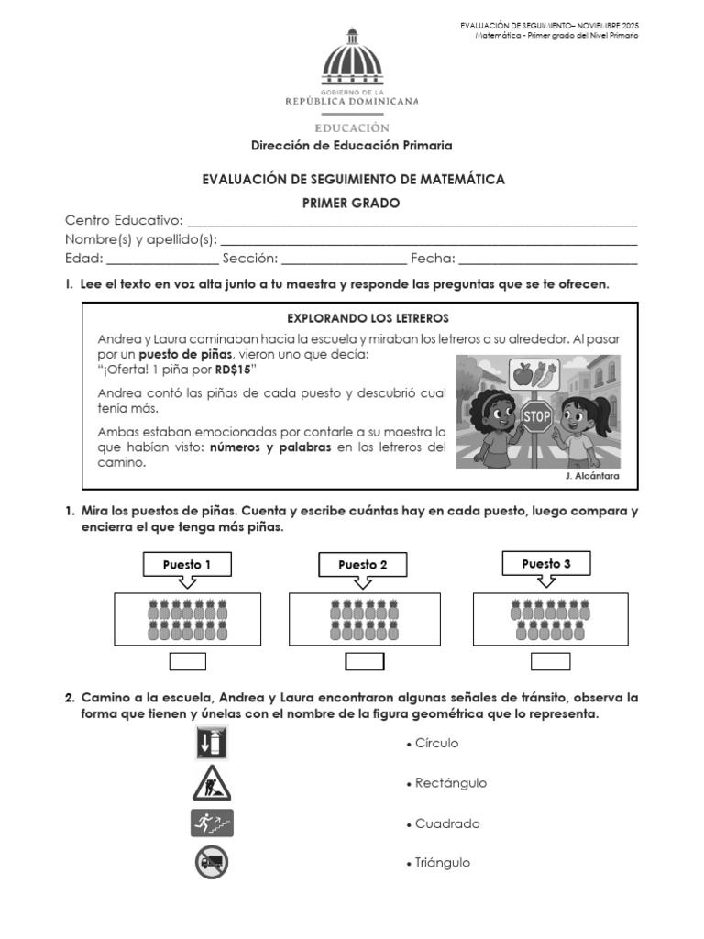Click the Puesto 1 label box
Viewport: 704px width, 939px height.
coord(187,565)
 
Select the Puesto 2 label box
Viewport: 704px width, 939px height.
coord(363,565)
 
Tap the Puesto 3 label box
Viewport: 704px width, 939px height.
coord(546,563)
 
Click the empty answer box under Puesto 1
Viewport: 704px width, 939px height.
coord(188,662)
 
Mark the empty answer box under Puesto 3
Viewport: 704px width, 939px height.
coord(550,662)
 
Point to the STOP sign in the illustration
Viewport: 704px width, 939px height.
coord(536,416)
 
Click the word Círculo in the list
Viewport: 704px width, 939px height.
coord(436,743)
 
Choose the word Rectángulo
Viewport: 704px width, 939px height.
coord(450,783)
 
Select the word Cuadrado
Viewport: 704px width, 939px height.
coord(447,823)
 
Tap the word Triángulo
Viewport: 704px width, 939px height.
coord(443,863)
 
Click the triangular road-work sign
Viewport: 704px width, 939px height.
coord(212,784)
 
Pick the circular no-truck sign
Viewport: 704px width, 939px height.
coord(212,862)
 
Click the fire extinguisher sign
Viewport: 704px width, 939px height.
coord(212,743)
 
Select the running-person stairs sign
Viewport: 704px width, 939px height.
coord(212,823)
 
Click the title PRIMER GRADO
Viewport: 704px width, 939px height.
coord(351,204)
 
